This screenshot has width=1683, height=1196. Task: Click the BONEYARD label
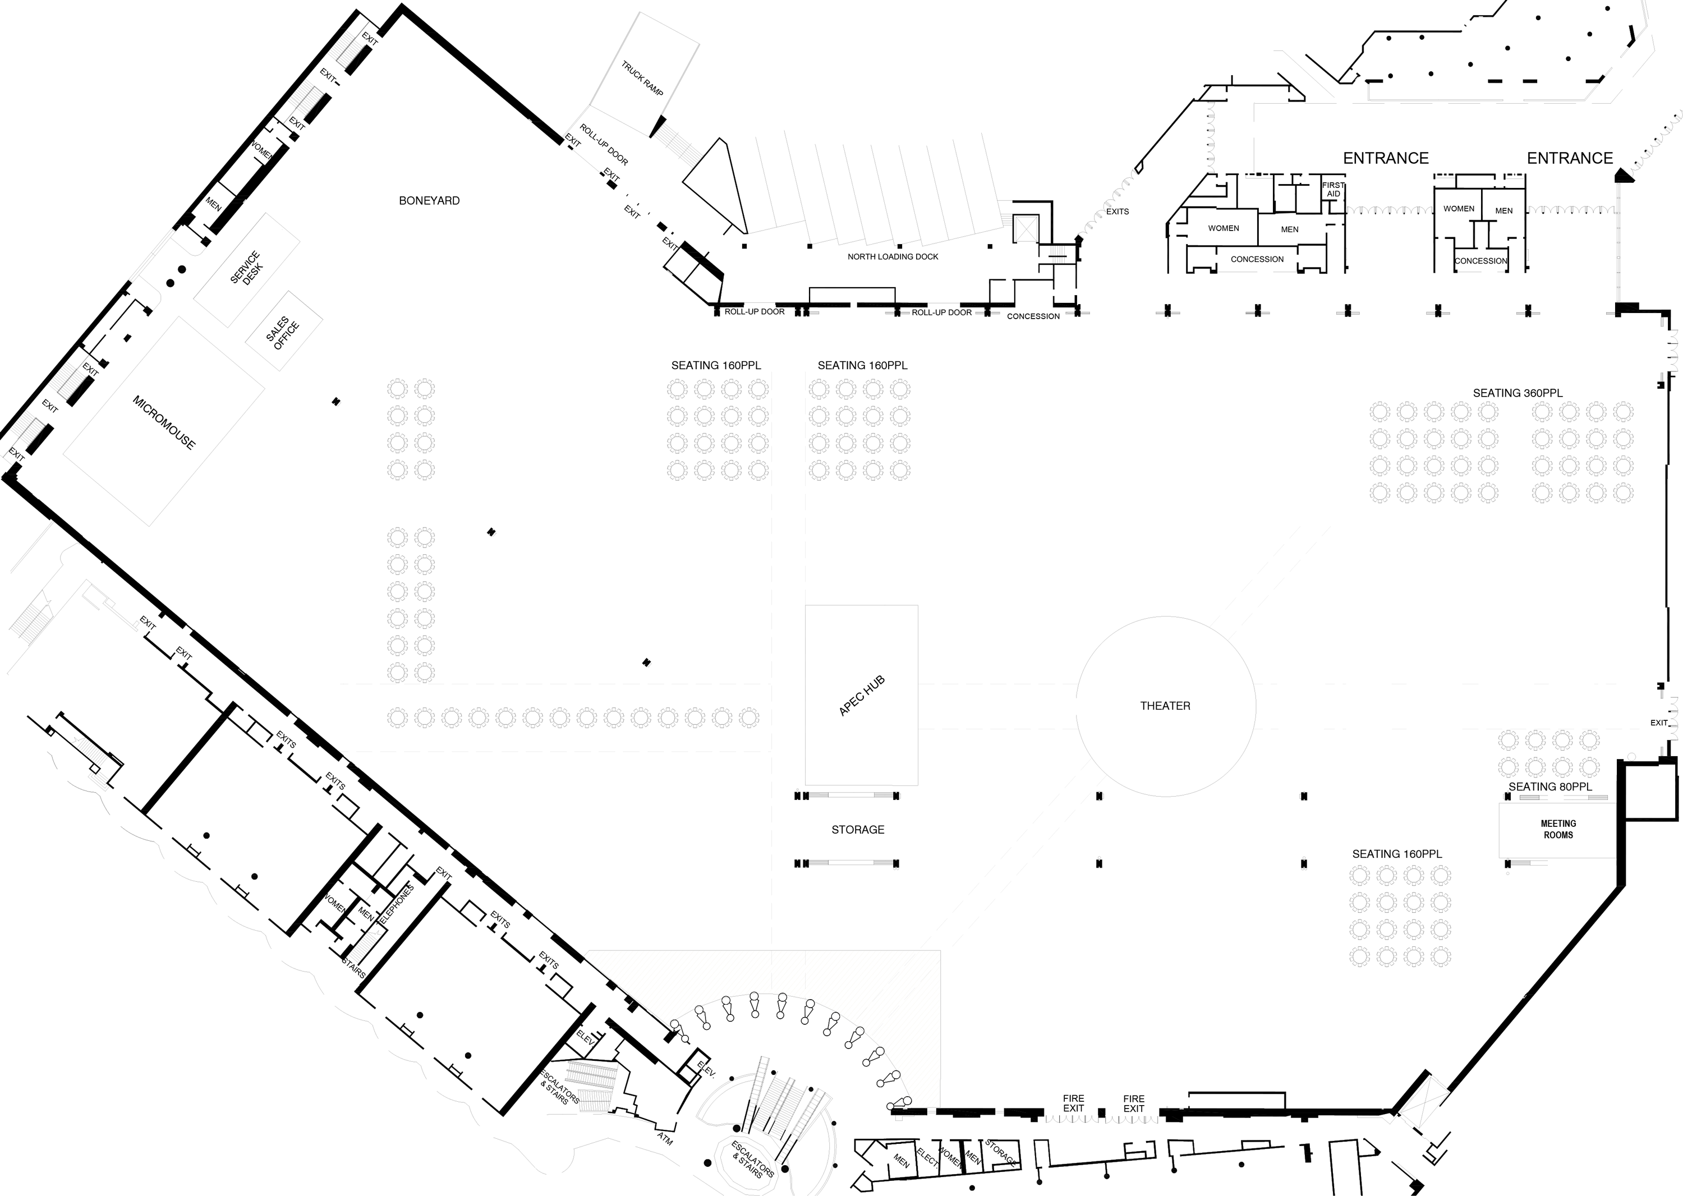(x=429, y=200)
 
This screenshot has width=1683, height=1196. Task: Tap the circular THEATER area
(x=1165, y=706)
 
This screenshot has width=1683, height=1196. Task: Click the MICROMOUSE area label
(x=163, y=422)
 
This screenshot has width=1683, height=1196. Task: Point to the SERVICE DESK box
(x=246, y=269)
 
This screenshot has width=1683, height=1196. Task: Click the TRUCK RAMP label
(x=642, y=78)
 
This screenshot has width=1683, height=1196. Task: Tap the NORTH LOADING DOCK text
(x=893, y=256)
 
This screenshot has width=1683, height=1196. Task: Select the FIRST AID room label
(x=1333, y=189)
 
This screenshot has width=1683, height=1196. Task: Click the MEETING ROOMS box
(x=1558, y=829)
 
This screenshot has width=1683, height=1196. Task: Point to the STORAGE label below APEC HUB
(x=857, y=829)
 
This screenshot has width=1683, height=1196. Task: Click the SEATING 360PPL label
(x=1518, y=393)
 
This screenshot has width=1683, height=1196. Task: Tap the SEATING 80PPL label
(x=1549, y=786)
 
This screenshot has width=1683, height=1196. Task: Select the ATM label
(x=665, y=1139)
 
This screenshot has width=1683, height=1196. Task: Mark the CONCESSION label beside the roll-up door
(x=1033, y=316)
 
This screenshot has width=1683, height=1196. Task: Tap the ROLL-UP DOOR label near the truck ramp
(x=603, y=144)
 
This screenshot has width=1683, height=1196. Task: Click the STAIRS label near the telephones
(x=353, y=967)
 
